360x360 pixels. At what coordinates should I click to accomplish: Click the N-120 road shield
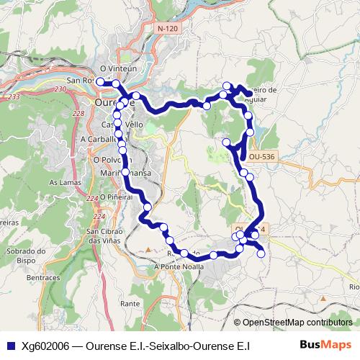click(x=167, y=28)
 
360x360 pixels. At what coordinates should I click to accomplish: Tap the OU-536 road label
click(x=261, y=156)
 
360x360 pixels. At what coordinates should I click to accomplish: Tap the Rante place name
click(x=130, y=304)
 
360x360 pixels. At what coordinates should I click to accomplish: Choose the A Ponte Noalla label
click(x=179, y=266)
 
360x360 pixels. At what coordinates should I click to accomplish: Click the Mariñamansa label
click(x=126, y=173)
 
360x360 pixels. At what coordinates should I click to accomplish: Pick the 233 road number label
click(x=13, y=96)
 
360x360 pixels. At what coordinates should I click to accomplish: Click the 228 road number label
click(x=78, y=113)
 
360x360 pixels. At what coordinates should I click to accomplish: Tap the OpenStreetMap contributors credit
click(x=293, y=323)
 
